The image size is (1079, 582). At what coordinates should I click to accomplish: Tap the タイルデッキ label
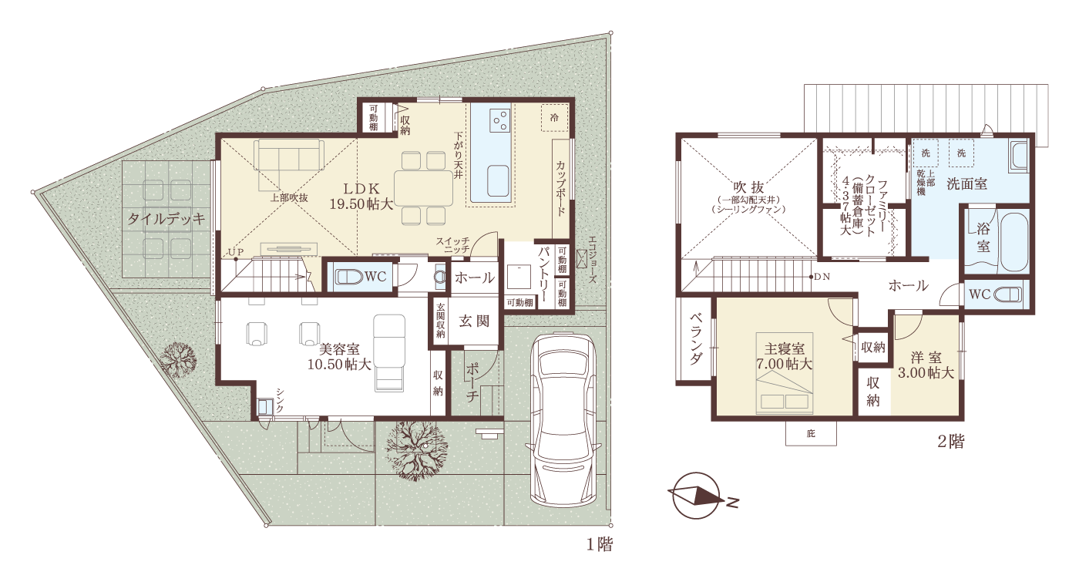[x=166, y=219]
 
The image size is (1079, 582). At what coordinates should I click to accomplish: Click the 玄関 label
[x=474, y=321]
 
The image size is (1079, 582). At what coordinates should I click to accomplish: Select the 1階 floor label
[x=599, y=545]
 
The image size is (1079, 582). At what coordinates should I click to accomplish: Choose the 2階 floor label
[x=950, y=442]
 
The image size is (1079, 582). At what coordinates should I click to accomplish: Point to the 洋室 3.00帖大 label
[x=926, y=365]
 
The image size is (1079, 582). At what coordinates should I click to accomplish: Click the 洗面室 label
[x=967, y=183]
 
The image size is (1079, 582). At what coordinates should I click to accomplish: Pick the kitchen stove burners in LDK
[x=499, y=120]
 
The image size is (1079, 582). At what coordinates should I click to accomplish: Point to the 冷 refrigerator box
[x=553, y=117]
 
